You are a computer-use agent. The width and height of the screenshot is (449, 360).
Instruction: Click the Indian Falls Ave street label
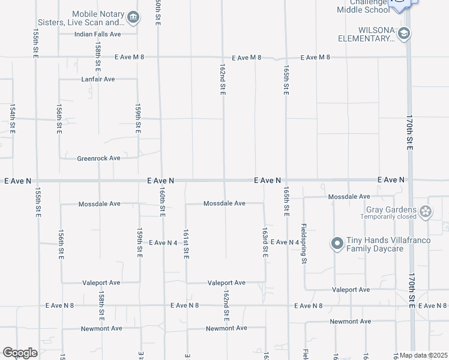coord(98,34)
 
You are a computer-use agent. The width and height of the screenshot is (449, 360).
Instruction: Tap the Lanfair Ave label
coord(98,79)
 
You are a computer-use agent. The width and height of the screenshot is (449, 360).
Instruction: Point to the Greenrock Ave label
coord(98,158)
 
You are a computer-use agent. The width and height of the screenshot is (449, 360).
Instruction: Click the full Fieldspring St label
coord(304,244)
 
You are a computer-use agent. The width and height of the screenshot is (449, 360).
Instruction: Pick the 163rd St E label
coord(265,242)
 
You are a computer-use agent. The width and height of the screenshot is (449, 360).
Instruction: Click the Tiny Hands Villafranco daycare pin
coord(337,243)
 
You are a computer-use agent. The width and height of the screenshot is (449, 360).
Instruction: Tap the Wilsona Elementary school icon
coord(405,33)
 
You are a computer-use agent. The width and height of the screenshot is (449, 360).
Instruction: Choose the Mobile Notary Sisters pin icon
coord(133,18)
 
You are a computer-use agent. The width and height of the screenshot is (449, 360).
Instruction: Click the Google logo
coord(20,353)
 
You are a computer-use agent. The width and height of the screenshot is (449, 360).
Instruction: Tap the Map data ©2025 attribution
coord(423,355)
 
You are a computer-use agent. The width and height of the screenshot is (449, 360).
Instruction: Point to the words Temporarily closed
coord(388,217)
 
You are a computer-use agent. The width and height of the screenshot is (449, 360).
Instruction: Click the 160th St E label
coord(162,200)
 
